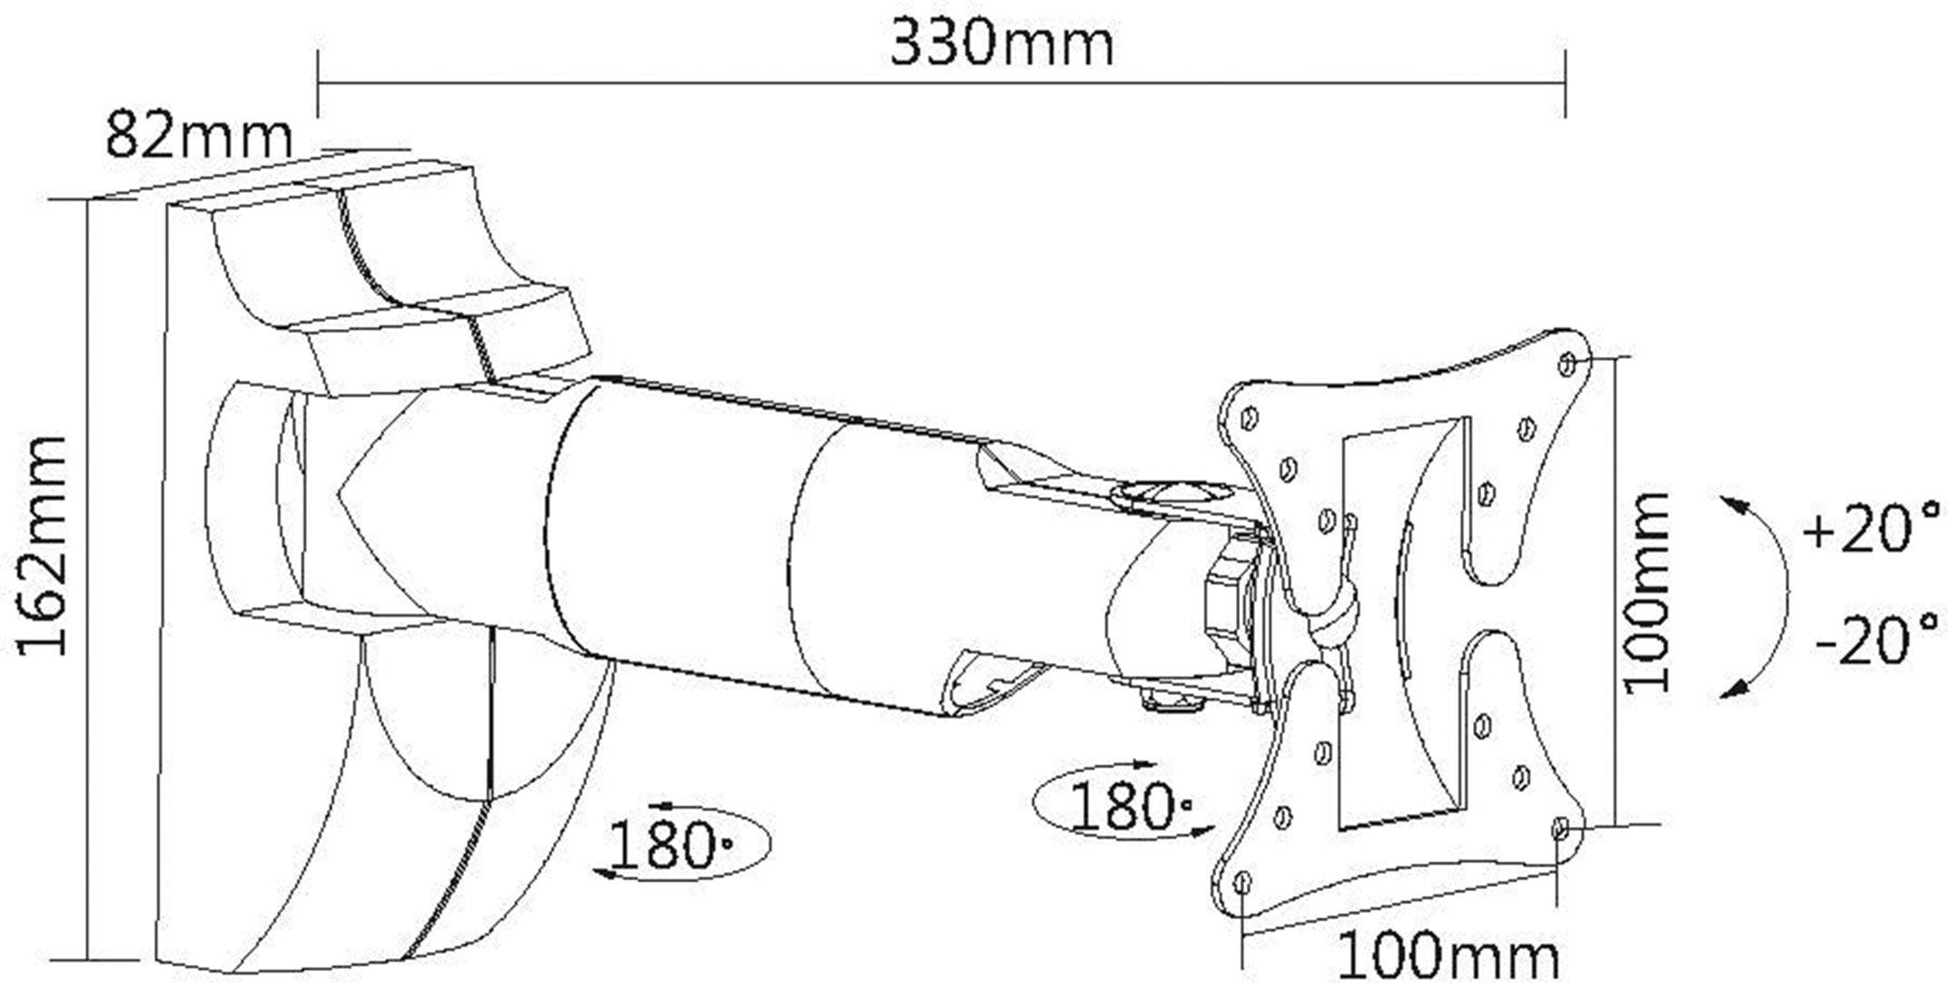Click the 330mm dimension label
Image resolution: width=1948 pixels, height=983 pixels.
coord(1002,43)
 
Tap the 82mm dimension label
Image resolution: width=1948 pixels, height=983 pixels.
coord(199,134)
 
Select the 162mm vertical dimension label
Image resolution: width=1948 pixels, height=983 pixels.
coord(43,545)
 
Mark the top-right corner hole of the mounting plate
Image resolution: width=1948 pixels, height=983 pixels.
coord(1567,364)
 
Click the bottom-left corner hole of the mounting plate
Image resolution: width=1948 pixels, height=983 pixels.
coord(1243,881)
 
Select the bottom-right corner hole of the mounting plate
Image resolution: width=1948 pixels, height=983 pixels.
coord(1560,828)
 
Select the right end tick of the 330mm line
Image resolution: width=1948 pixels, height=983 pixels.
coord(1566,84)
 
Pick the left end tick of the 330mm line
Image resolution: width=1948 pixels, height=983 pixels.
coord(318,84)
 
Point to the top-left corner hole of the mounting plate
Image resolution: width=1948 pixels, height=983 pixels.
coord(1249,418)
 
